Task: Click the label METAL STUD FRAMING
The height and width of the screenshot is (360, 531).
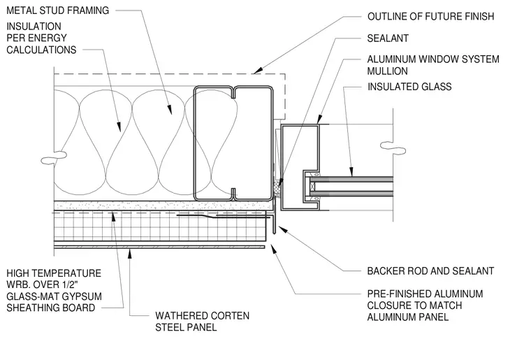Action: (x=57, y=10)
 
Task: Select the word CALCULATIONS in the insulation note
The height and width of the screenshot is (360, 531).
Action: (x=41, y=50)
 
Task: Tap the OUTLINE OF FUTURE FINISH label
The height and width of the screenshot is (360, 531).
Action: (x=431, y=16)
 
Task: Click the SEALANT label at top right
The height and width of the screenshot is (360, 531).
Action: (x=388, y=38)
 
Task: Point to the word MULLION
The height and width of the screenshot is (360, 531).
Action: (x=387, y=71)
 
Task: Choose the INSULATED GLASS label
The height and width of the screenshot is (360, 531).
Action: (x=409, y=87)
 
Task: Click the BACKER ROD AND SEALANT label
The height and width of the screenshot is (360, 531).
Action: (x=431, y=271)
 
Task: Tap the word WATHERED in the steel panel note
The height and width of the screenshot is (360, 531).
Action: (x=180, y=316)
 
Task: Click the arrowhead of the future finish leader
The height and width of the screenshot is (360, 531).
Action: (x=257, y=71)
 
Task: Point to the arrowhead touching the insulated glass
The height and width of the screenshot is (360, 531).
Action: (x=351, y=172)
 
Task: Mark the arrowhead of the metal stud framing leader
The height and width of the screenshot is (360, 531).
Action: (x=170, y=109)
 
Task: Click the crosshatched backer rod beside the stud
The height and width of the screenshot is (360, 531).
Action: (x=277, y=185)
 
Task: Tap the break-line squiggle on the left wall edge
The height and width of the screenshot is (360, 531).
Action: (x=54, y=157)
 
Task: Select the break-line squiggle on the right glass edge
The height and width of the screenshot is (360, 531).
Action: (x=393, y=147)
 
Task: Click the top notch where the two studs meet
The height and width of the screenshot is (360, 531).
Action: (x=233, y=93)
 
